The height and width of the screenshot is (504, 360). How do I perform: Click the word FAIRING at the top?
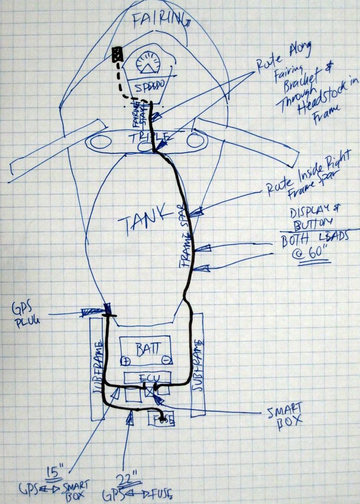tap(158, 20)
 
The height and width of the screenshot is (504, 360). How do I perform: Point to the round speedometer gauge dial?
tap(147, 63)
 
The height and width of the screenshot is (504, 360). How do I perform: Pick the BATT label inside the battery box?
tap(147, 348)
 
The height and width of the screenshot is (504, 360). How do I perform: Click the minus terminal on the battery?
tap(166, 361)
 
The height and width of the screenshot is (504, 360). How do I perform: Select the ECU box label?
tap(148, 377)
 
